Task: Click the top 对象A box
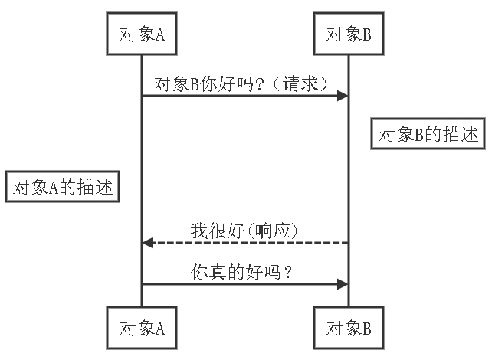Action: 142,34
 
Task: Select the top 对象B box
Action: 349,34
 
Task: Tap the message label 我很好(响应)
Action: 244,229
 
